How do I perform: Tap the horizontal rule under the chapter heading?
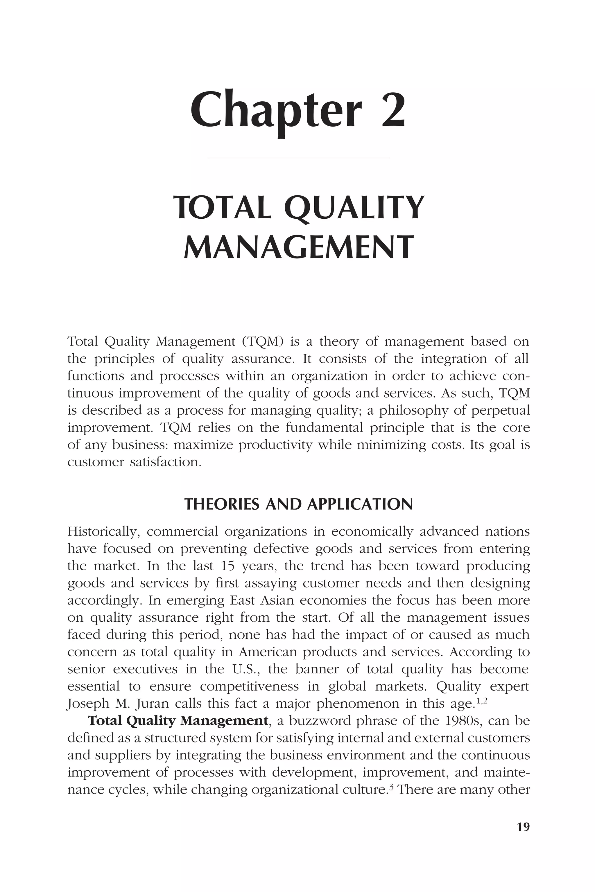pyautogui.click(x=299, y=157)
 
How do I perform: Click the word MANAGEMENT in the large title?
pyautogui.click(x=298, y=247)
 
